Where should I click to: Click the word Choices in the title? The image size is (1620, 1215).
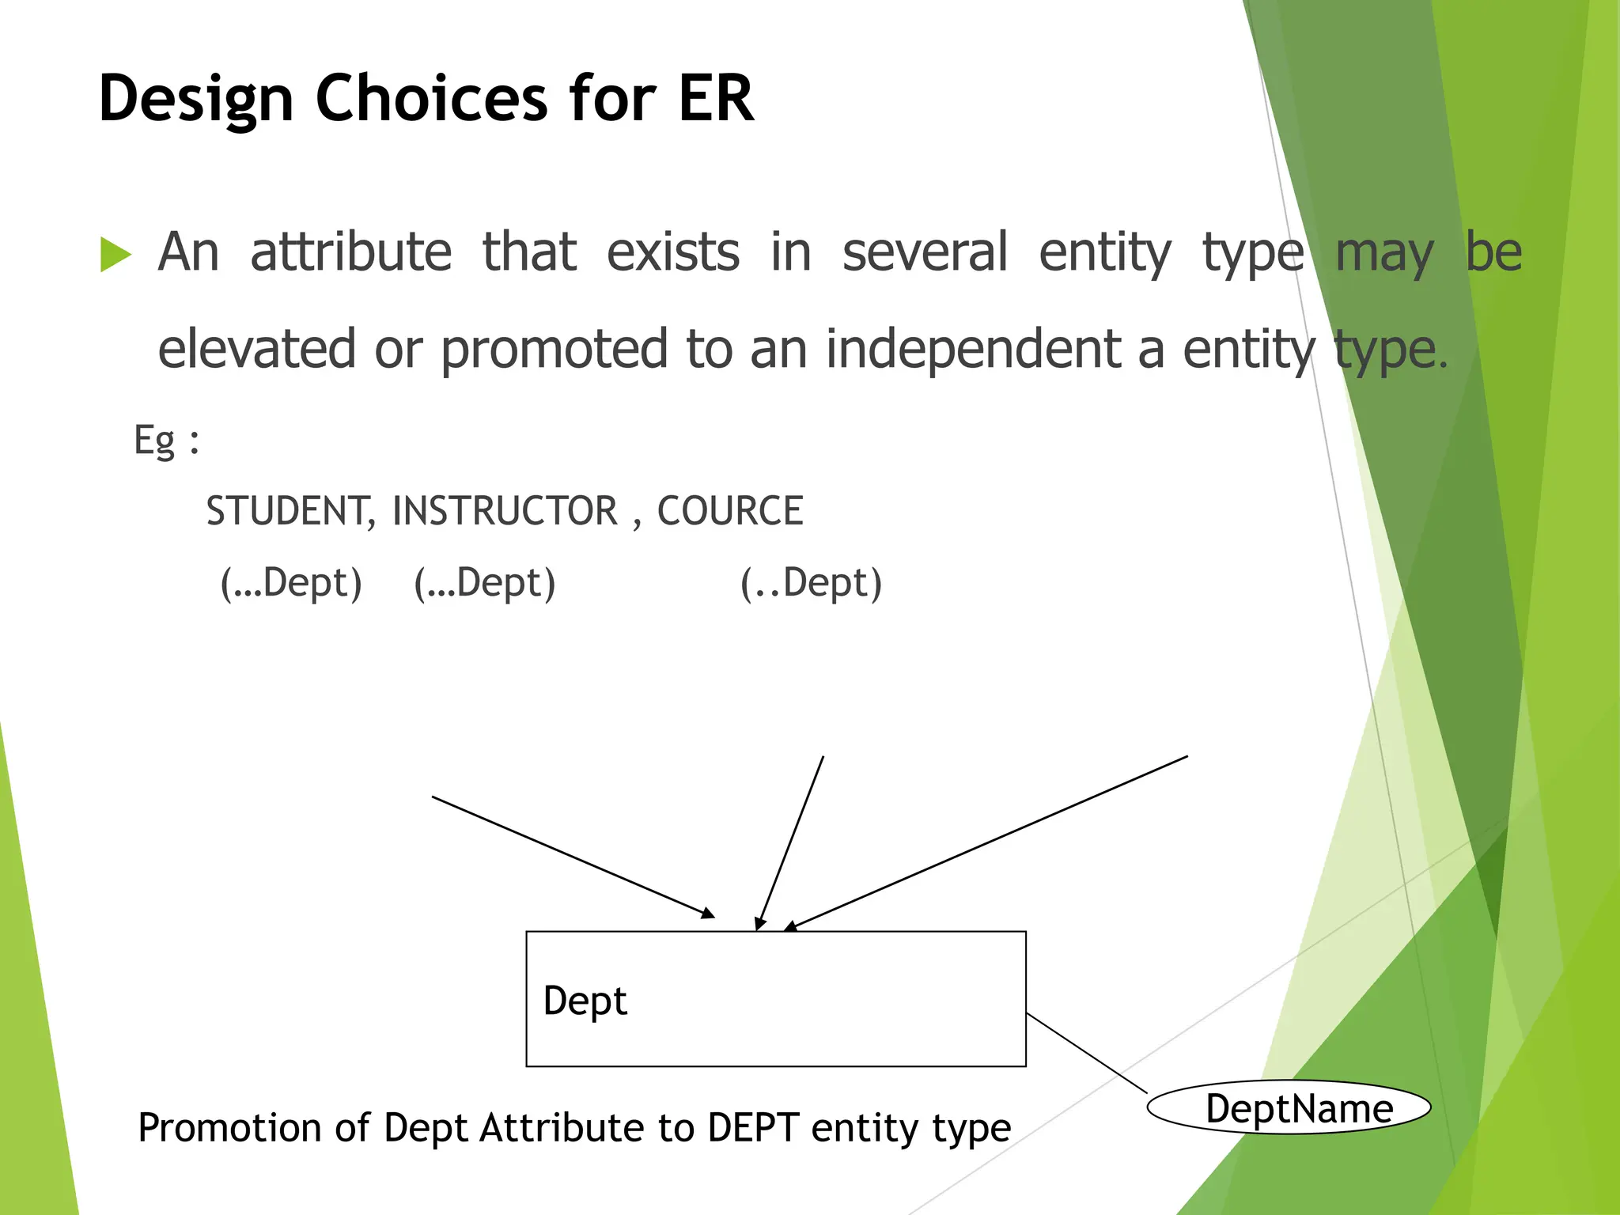click(x=431, y=98)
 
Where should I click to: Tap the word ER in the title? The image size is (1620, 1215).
click(x=715, y=98)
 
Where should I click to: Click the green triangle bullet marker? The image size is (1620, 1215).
click(x=115, y=255)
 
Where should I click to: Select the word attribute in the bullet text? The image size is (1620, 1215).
click(x=350, y=252)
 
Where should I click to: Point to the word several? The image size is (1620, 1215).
click(x=924, y=252)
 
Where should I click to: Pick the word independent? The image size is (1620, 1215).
click(x=973, y=350)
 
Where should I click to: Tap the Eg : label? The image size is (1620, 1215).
click(x=166, y=440)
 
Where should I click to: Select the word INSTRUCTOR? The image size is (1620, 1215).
click(x=505, y=511)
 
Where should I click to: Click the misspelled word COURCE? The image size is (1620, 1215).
click(x=730, y=511)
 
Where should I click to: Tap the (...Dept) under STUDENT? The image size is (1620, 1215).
click(x=291, y=584)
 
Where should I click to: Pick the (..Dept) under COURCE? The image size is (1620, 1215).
click(x=811, y=584)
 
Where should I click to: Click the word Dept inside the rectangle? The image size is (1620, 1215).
click(x=585, y=1001)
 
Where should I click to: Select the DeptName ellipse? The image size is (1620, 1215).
click(x=1289, y=1108)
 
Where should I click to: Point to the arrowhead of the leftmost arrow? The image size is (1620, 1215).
click(x=709, y=914)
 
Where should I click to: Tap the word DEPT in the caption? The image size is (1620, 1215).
click(x=752, y=1128)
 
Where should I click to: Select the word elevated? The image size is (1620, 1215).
click(x=257, y=350)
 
